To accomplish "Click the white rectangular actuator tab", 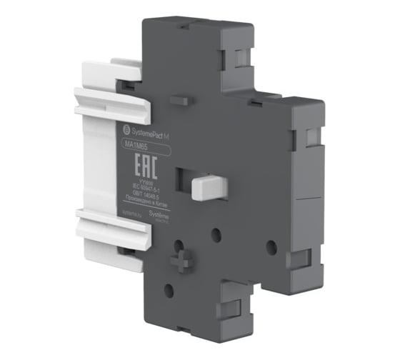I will [x=206, y=186].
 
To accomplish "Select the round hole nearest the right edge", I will [x=270, y=244].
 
